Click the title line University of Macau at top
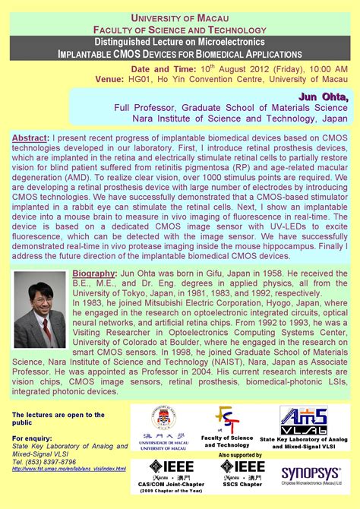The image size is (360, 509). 179,17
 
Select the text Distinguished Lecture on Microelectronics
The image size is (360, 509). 179,40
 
